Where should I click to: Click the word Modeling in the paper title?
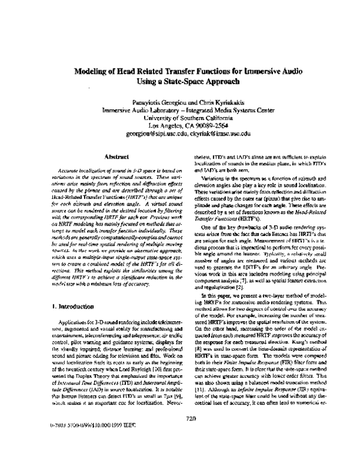coord(91,70)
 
